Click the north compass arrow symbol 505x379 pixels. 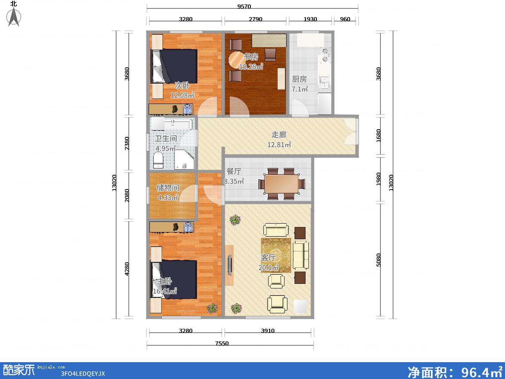[x=14, y=16]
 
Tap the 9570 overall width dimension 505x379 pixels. [x=244, y=6]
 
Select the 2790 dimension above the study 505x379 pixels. [x=255, y=19]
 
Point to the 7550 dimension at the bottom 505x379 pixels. [x=222, y=343]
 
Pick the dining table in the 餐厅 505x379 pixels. [x=282, y=184]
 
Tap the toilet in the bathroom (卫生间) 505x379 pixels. [x=158, y=160]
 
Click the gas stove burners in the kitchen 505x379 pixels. [x=325, y=55]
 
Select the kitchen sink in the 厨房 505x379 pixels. [x=324, y=83]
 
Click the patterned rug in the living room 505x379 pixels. [x=276, y=256]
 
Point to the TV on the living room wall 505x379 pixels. [x=230, y=265]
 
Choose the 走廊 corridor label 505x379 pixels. [x=279, y=135]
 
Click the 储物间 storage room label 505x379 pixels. [x=168, y=188]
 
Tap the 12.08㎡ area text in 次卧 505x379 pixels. [x=182, y=95]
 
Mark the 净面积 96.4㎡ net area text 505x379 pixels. [x=454, y=372]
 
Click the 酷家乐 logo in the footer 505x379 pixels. [x=19, y=370]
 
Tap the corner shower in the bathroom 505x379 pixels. [x=184, y=160]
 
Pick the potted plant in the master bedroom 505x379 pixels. [x=212, y=308]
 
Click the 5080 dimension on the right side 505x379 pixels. [x=378, y=260]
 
